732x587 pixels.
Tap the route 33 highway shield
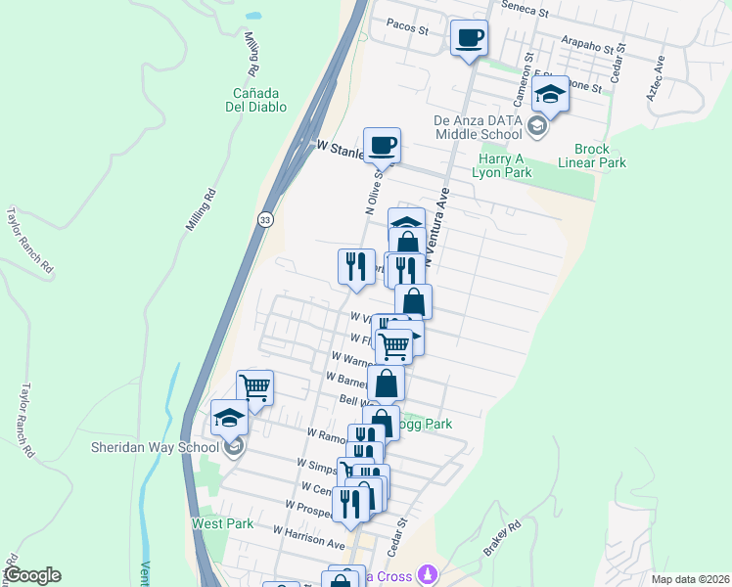pyautogui.click(x=265, y=221)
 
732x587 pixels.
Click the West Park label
pyautogui.click(x=223, y=523)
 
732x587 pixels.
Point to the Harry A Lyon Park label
pyautogui.click(x=505, y=164)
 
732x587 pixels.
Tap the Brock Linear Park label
pyautogui.click(x=600, y=157)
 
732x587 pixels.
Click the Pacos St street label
pyautogui.click(x=408, y=29)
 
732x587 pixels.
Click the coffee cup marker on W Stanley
pyautogui.click(x=382, y=145)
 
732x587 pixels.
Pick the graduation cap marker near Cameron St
pyautogui.click(x=551, y=94)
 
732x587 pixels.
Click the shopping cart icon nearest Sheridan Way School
pyautogui.click(x=254, y=386)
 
